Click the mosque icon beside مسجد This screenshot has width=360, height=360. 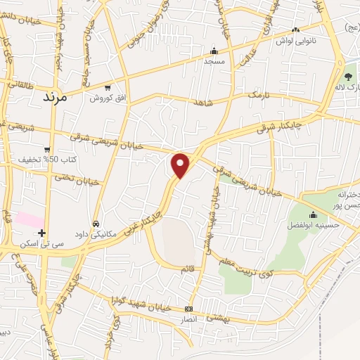pyautogui.click(x=214, y=51)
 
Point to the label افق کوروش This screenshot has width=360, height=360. pyautogui.click(x=107, y=98)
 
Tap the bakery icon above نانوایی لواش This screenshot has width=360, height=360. pyautogui.click(x=295, y=30)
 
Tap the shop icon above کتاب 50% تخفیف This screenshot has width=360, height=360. pyautogui.click(x=46, y=149)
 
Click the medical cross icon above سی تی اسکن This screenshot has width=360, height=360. pyautogui.click(x=41, y=232)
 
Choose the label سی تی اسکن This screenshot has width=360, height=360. pyautogui.click(x=42, y=243)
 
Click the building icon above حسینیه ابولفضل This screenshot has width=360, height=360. pyautogui.click(x=313, y=214)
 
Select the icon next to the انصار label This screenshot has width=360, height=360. pyautogui.click(x=188, y=309)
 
